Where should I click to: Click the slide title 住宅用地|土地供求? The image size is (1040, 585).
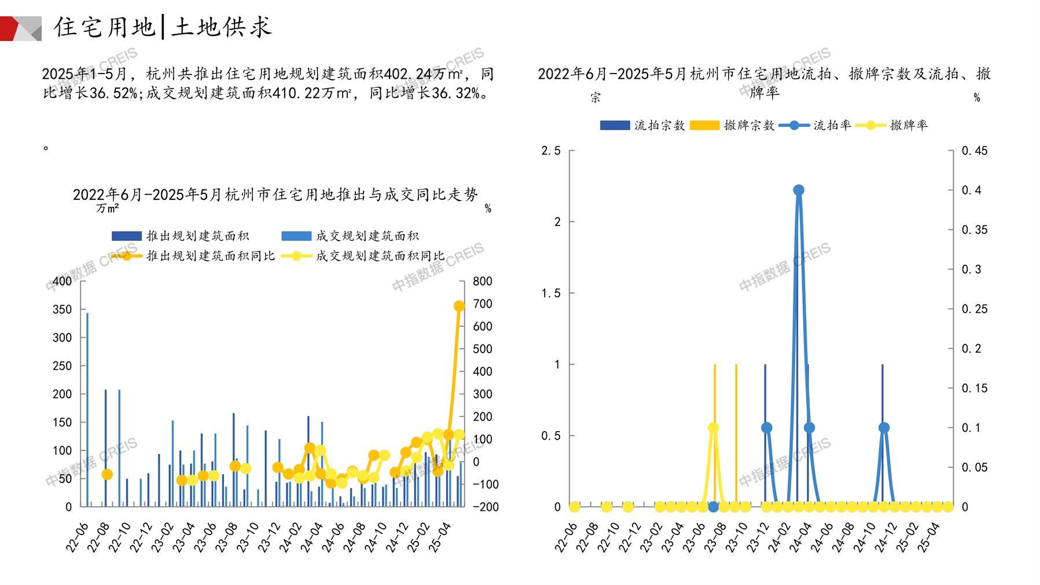point(163,27)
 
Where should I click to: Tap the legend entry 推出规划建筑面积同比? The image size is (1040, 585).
point(210,255)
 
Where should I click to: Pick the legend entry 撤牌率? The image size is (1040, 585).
point(908,125)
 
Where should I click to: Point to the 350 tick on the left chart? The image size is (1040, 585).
point(63,309)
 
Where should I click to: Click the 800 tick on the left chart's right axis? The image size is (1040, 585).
point(482,281)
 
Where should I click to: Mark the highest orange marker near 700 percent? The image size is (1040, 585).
point(459,306)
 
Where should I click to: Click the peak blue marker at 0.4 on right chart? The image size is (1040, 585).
point(799,190)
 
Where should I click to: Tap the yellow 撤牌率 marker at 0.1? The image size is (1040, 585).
point(713,427)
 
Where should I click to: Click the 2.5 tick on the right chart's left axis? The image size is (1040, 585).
point(550,151)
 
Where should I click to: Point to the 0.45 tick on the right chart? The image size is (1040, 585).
point(975,151)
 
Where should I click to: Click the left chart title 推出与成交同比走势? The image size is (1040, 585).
point(275,195)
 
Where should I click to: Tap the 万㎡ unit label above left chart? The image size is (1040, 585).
point(107,208)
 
